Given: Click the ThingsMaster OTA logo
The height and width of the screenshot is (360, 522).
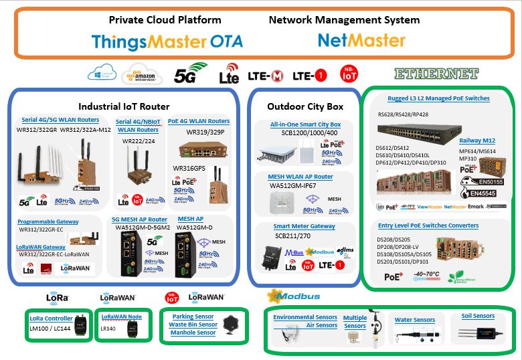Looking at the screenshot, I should [167, 41].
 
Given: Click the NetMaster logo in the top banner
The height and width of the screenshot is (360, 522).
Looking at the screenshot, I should [361, 41].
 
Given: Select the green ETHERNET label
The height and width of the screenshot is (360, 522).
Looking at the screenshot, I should [436, 73].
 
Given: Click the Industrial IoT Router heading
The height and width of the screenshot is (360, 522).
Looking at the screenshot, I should [124, 106].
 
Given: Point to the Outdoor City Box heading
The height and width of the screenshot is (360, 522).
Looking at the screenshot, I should [305, 106].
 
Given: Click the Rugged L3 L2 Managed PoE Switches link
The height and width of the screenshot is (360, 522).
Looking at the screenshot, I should [438, 98].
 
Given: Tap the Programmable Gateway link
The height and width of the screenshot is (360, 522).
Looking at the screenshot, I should [49, 221].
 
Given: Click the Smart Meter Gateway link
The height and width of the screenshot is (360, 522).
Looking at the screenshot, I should [304, 227].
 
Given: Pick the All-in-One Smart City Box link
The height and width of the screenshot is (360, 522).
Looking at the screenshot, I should [305, 124].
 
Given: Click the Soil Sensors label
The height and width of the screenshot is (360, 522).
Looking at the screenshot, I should [478, 316].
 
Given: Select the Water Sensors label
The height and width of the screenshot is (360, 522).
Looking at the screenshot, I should [414, 320].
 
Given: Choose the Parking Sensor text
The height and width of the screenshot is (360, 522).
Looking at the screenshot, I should [193, 316].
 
